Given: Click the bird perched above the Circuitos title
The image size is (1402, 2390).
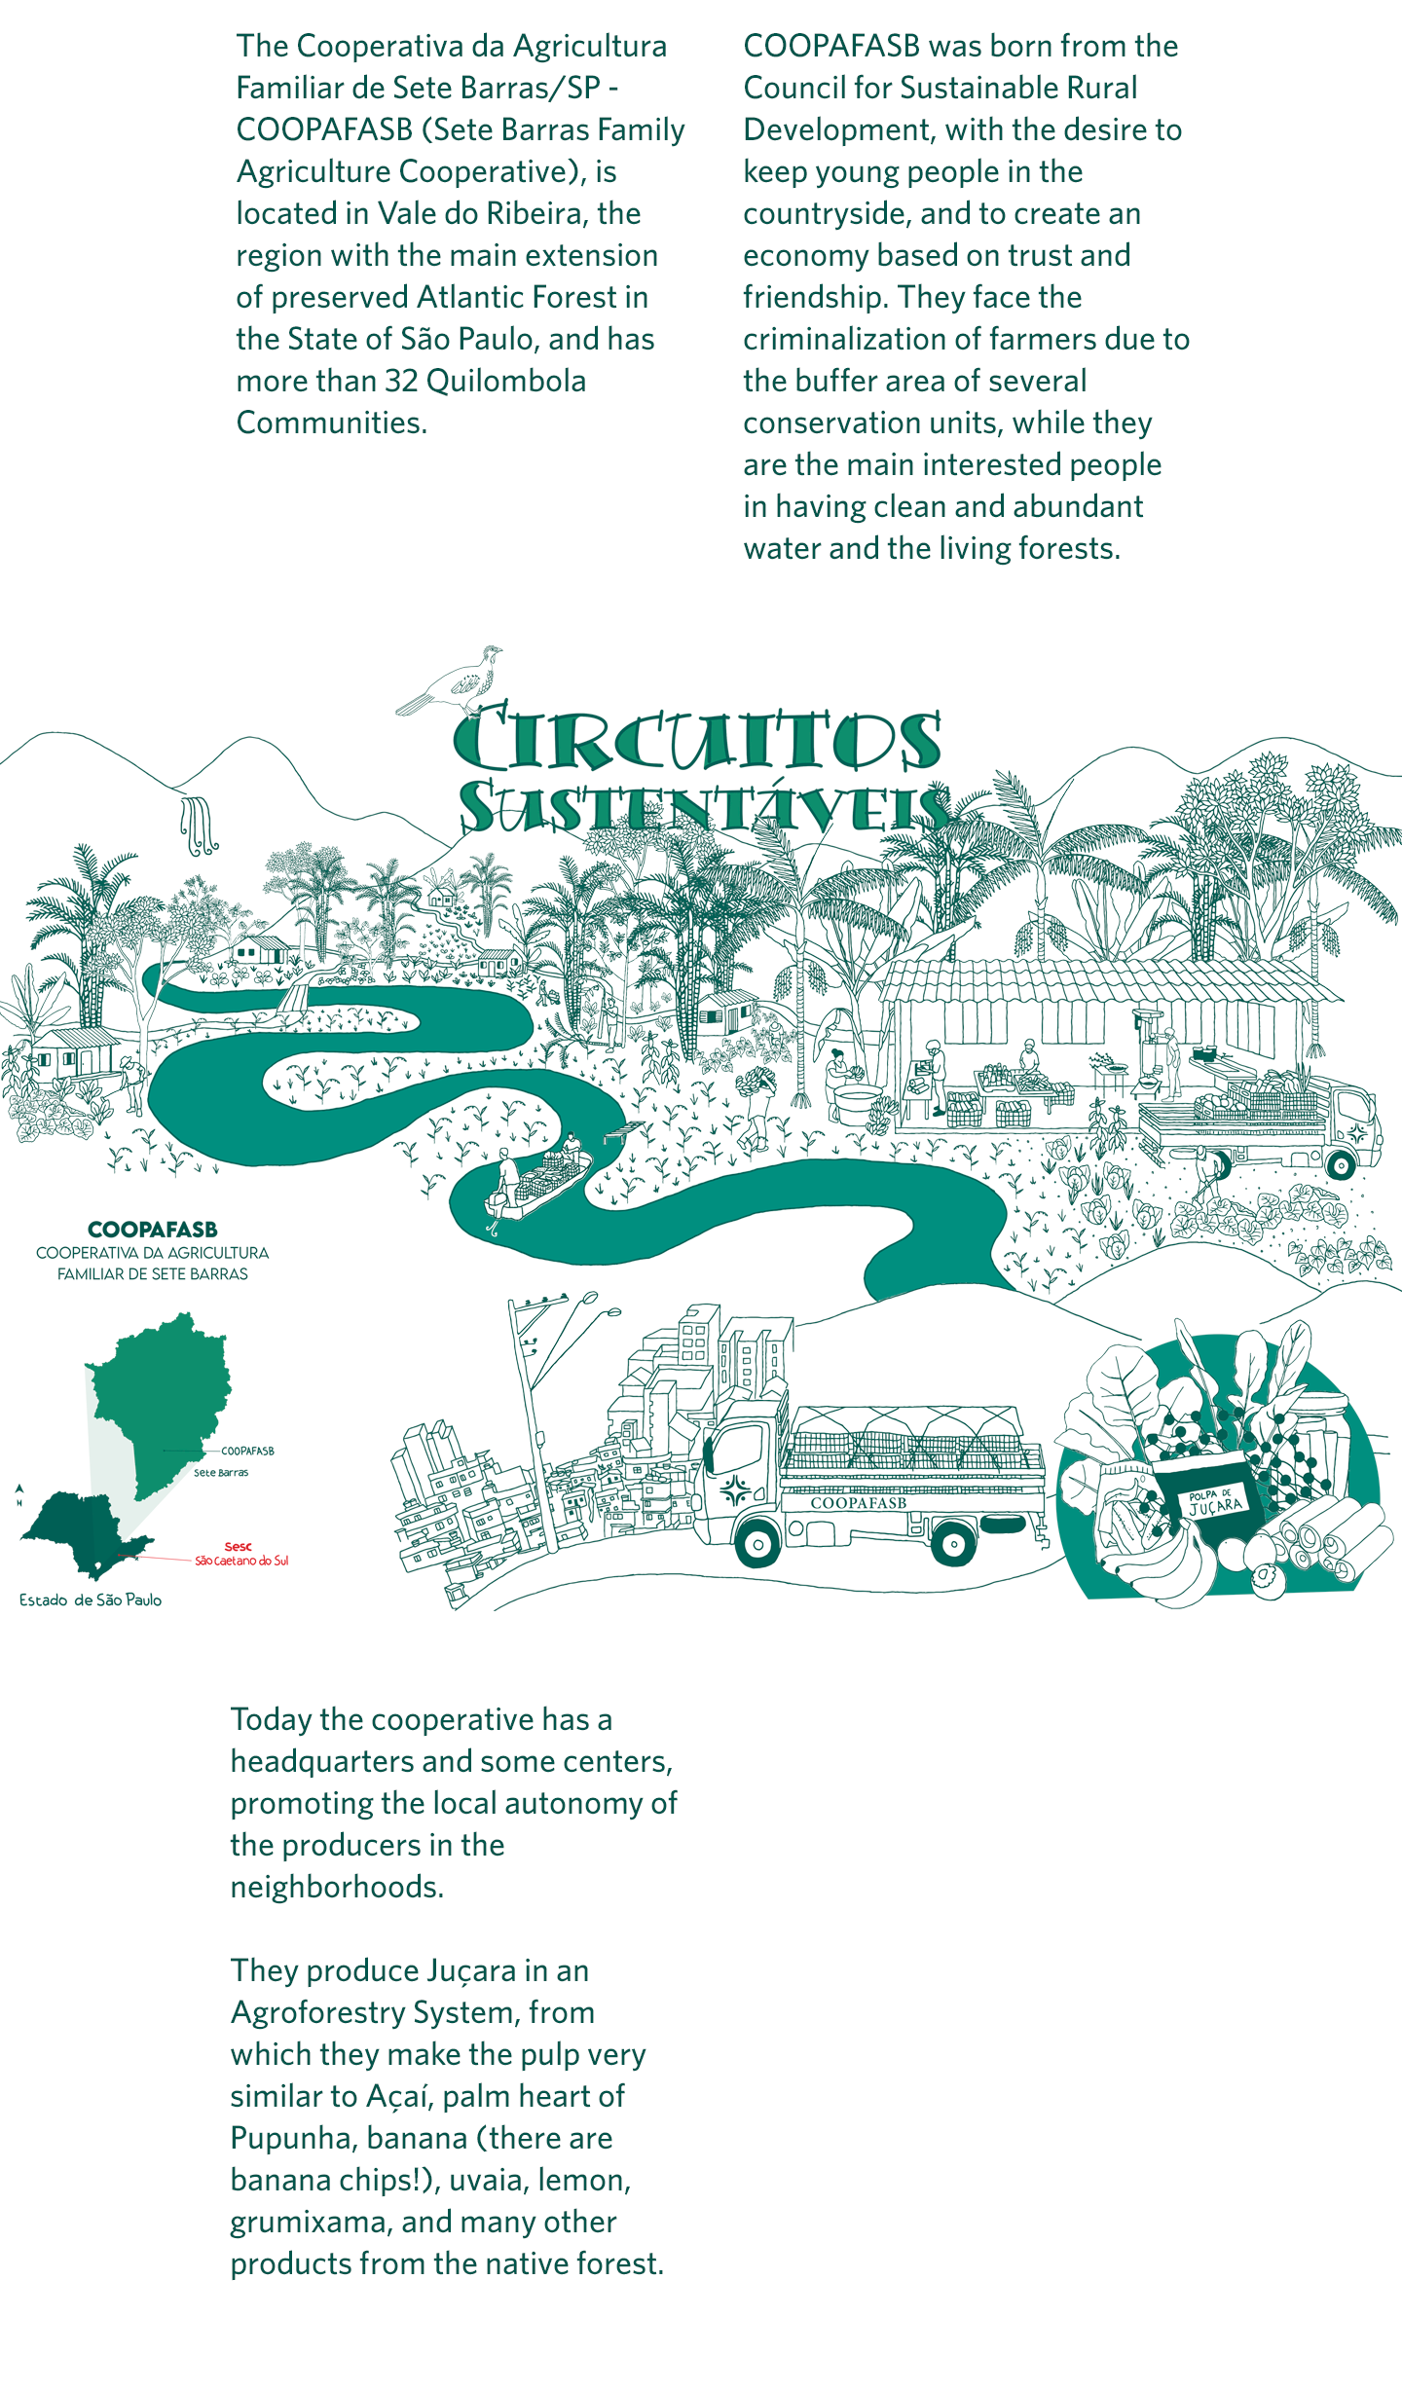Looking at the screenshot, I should click(x=454, y=679).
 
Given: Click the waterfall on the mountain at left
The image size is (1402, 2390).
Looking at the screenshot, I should click(x=198, y=826).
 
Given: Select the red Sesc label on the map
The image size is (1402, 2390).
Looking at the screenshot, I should click(x=238, y=1546).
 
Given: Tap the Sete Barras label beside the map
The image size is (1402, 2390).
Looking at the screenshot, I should click(x=221, y=1473).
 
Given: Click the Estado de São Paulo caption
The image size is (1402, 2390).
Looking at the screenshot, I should click(x=91, y=1599).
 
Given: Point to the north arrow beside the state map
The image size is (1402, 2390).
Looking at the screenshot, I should click(x=18, y=1492).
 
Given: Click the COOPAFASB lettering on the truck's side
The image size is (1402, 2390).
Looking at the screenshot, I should click(x=858, y=1503).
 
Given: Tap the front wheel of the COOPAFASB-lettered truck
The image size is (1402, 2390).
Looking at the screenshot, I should click(x=756, y=1543).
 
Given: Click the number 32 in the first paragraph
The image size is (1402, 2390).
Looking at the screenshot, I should click(x=401, y=381).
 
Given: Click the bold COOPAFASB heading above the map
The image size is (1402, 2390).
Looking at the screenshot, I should click(x=153, y=1230).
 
